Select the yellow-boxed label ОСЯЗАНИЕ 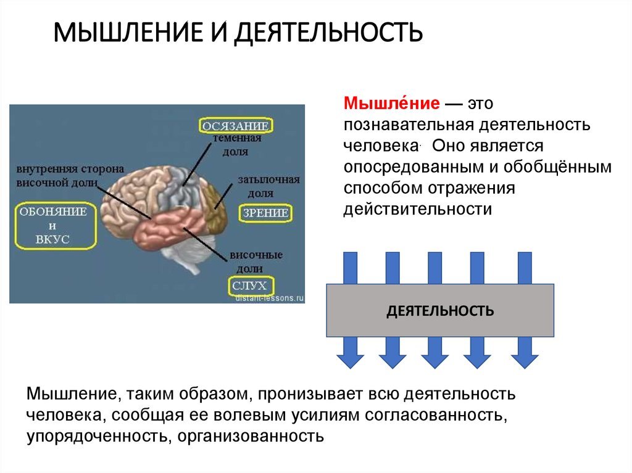(x=236, y=126)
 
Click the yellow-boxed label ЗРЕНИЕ (x=265, y=213)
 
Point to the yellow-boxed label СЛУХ (x=249, y=286)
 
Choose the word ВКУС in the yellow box (x=56, y=239)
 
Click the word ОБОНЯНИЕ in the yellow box (x=56, y=212)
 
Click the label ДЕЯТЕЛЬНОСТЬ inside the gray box (x=440, y=310)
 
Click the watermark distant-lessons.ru (x=270, y=297)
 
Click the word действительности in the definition (x=418, y=209)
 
